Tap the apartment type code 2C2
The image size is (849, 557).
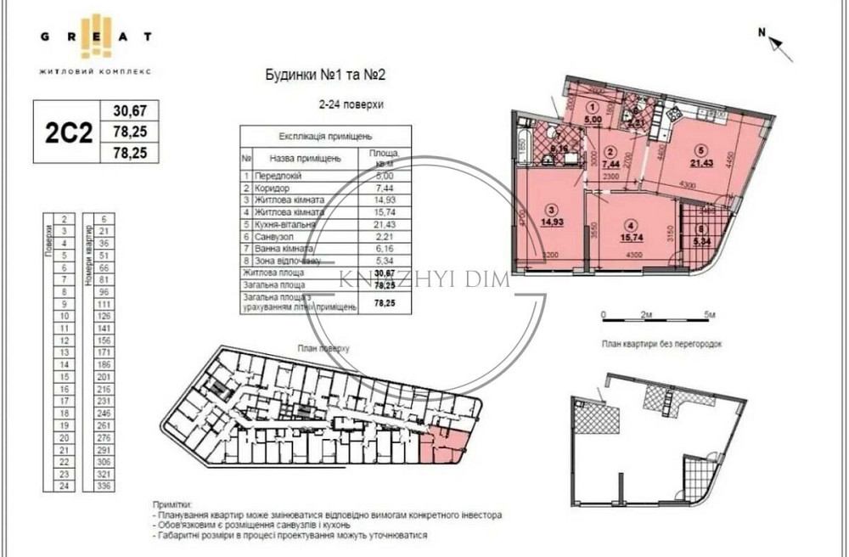tap(66, 132)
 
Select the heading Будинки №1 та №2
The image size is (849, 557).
tap(326, 76)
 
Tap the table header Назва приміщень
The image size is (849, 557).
tap(305, 158)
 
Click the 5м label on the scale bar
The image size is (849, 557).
tap(711, 314)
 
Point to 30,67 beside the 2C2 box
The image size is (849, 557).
tap(130, 110)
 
